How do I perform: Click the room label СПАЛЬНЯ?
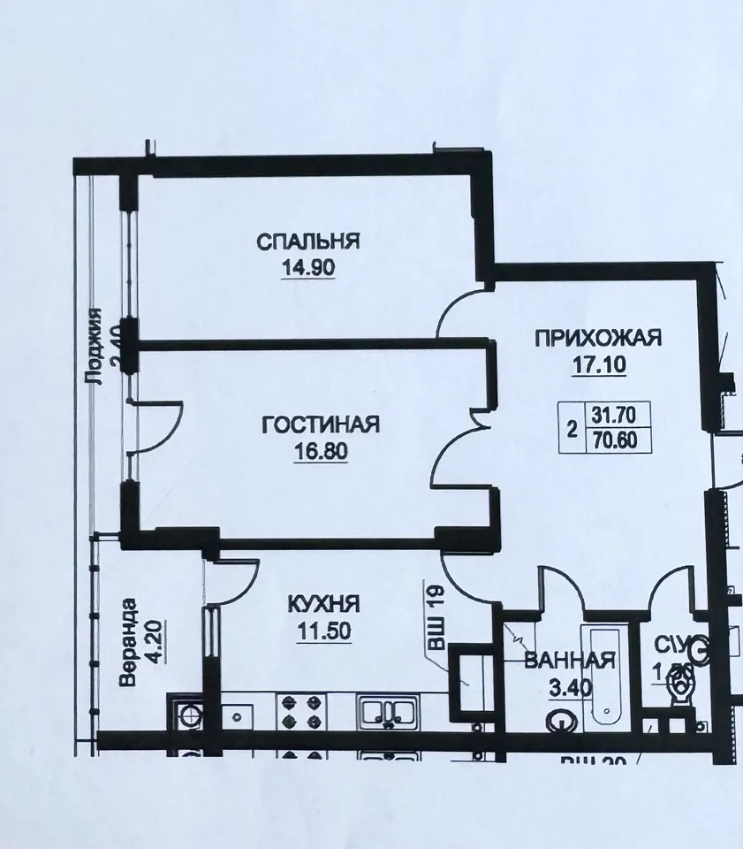[309, 241]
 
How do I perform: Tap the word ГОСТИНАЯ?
[321, 425]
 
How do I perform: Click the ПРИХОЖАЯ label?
[598, 337]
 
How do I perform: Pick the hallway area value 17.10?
[598, 364]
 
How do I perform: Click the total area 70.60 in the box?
[617, 438]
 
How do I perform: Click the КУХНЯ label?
[323, 604]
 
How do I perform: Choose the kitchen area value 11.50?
[323, 631]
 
